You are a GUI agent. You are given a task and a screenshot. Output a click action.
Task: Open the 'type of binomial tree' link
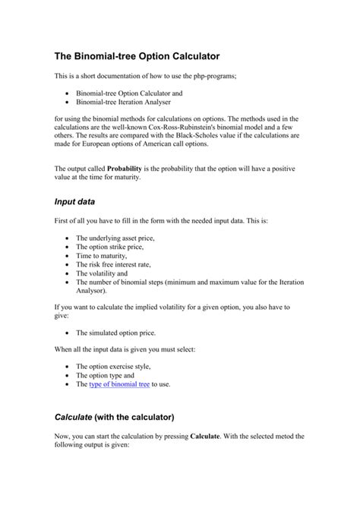pos(119,385)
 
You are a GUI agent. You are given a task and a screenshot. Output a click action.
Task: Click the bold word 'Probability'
pos(129,167)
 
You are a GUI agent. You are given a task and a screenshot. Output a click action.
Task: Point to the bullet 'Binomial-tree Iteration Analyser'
pos(123,101)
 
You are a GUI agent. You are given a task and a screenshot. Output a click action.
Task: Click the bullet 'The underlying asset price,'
pos(115,238)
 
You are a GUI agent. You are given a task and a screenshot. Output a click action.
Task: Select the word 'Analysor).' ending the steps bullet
pos(92,291)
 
